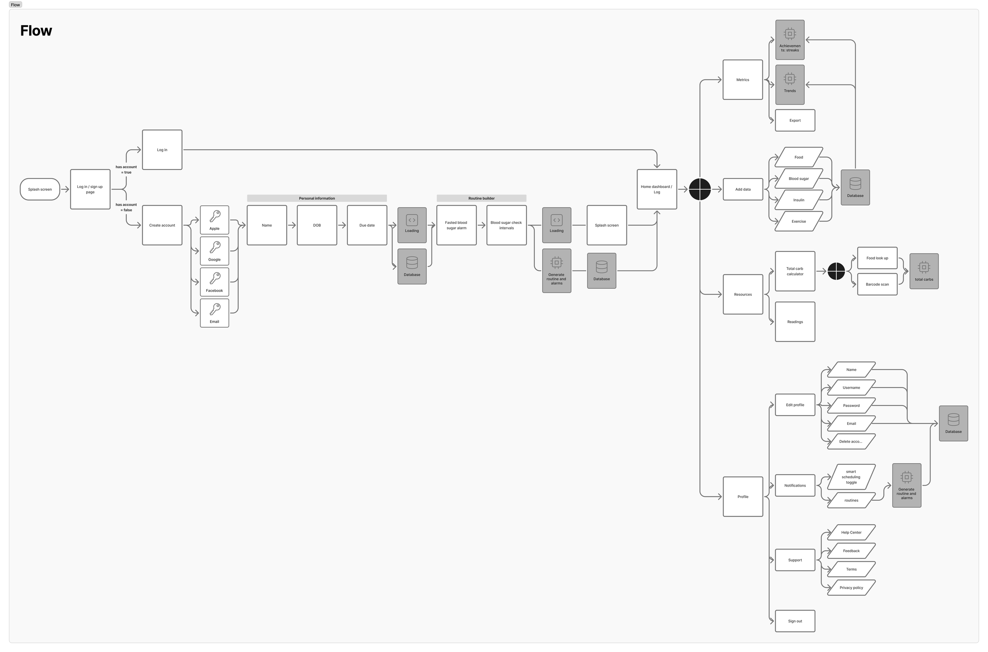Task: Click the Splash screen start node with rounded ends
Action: (40, 189)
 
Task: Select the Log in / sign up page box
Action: (90, 189)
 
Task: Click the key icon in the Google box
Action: (215, 247)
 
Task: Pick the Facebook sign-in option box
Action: (214, 282)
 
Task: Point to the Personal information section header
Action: (317, 198)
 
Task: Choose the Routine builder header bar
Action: (481, 198)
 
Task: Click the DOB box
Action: (317, 225)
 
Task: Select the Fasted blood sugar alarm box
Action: (456, 225)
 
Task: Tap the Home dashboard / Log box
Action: (656, 189)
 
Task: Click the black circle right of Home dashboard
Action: (700, 189)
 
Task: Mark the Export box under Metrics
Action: (795, 120)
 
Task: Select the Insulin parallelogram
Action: (798, 200)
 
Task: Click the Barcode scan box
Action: (877, 284)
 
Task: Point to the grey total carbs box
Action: (924, 271)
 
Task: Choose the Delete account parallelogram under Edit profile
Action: (851, 442)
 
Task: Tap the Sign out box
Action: (795, 621)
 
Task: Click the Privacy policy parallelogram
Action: (851, 588)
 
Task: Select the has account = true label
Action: (126, 170)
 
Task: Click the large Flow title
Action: (36, 31)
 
